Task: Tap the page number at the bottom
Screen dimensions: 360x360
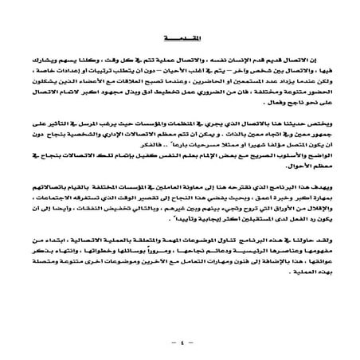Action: click(180, 345)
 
